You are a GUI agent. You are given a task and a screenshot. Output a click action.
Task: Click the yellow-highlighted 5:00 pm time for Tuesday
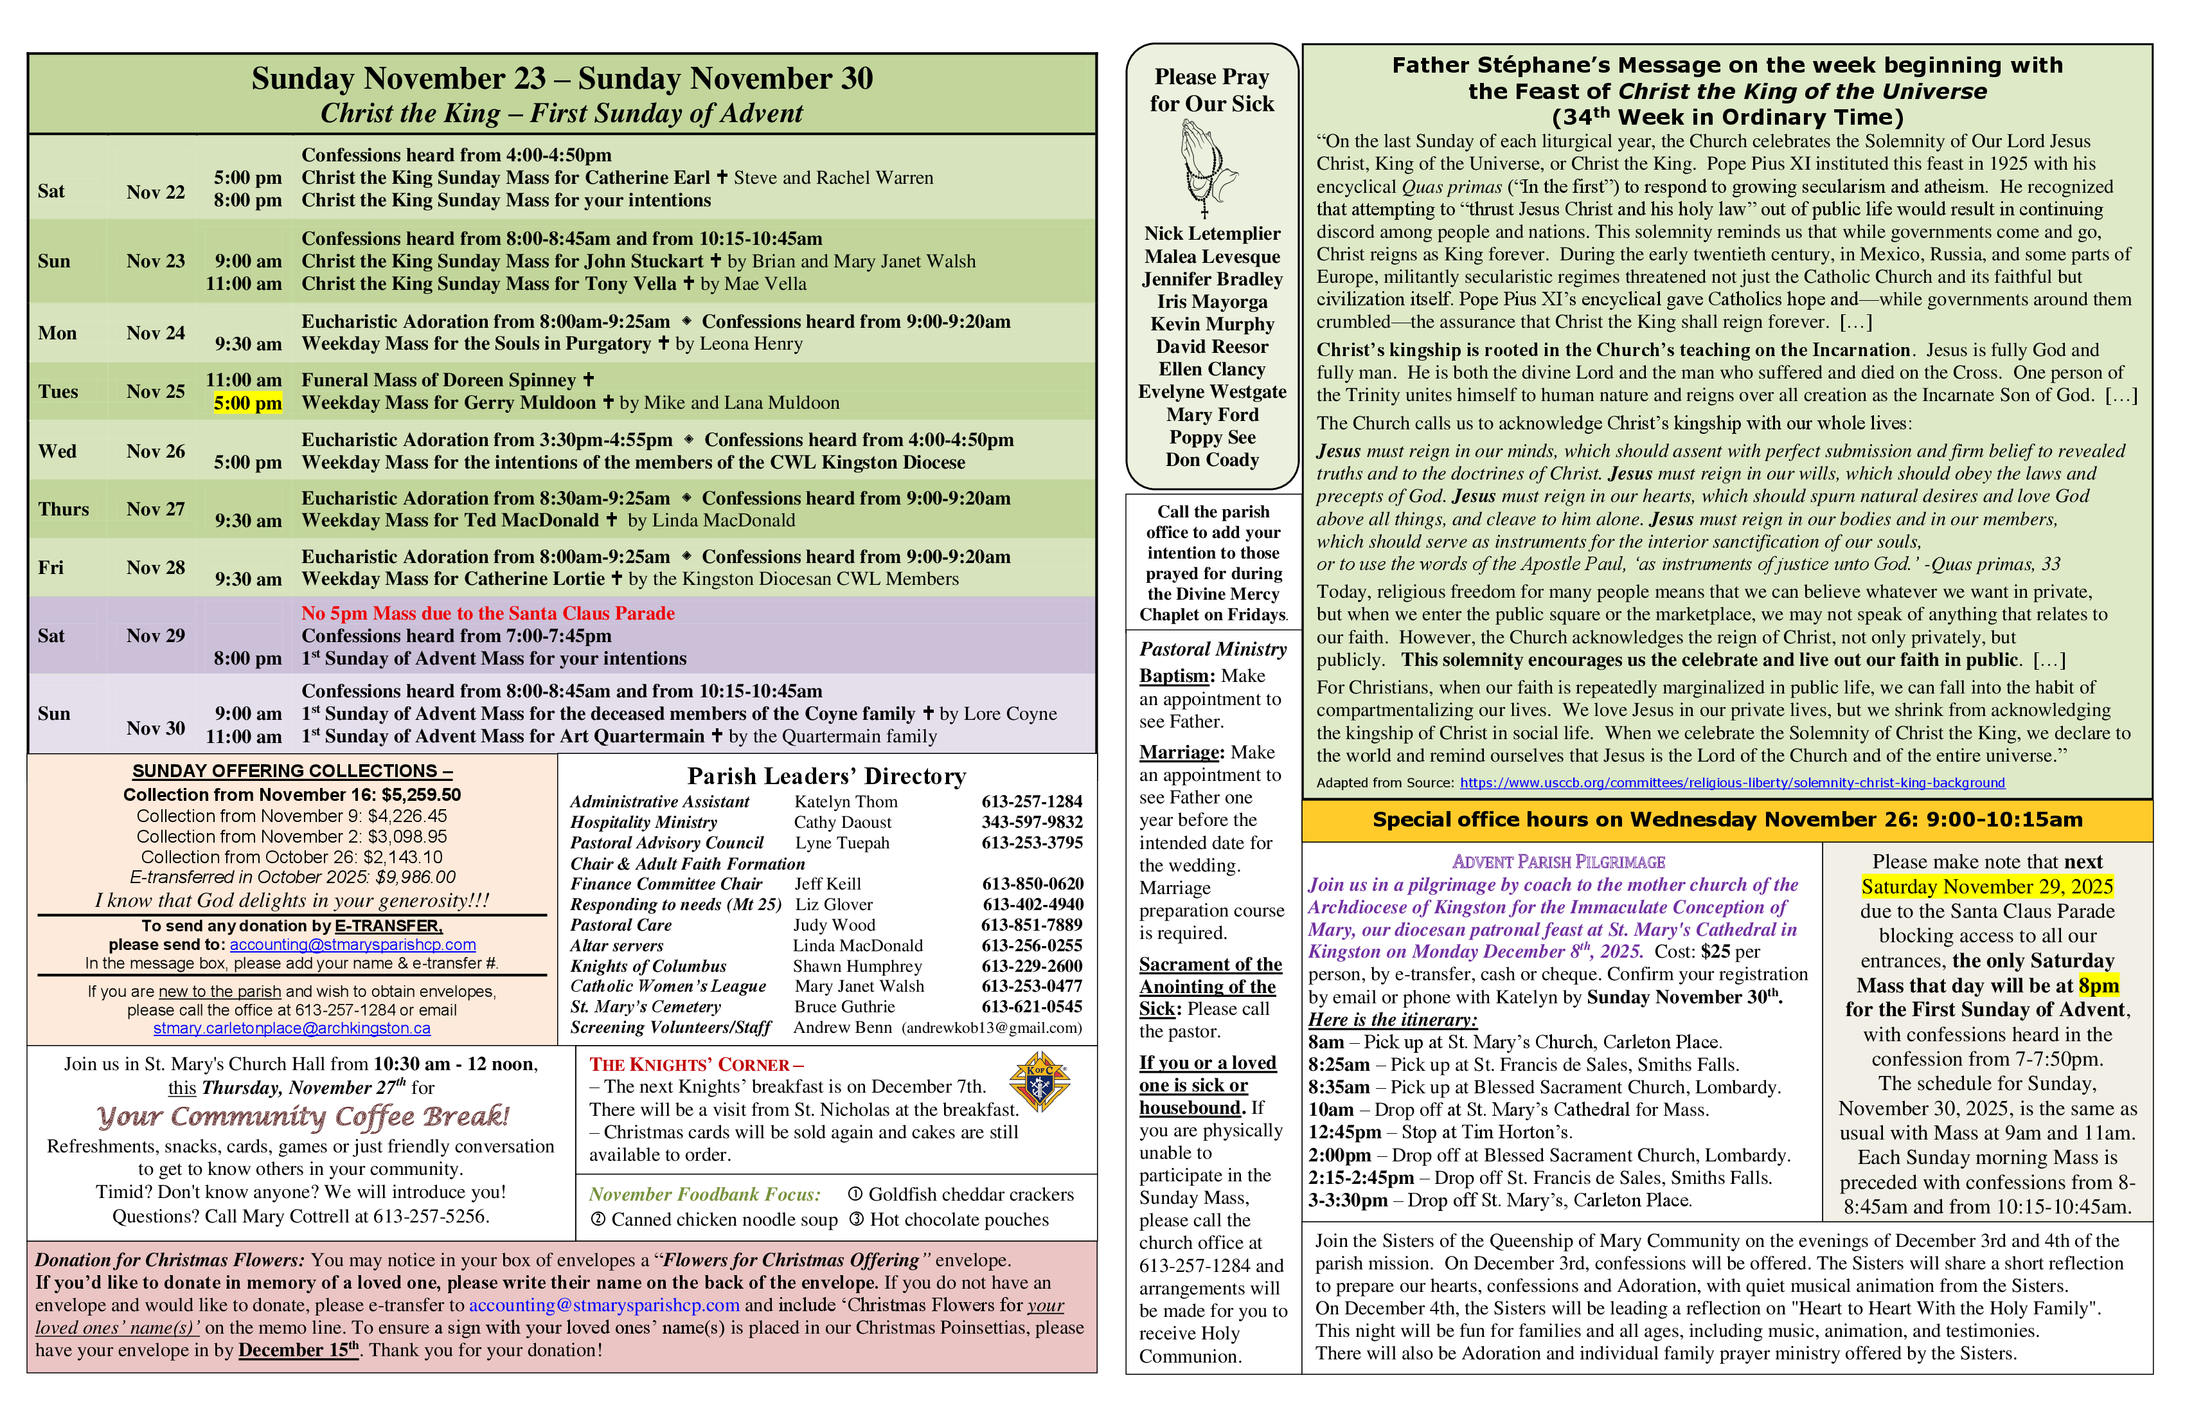[x=248, y=403]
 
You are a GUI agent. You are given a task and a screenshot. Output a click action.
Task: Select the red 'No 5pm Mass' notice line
[x=488, y=613]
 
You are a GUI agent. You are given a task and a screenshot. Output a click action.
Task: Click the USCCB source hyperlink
[x=1731, y=783]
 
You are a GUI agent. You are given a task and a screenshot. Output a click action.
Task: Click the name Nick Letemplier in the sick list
[x=1212, y=234]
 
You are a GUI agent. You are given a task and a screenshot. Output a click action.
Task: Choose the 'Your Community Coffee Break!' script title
[x=303, y=1116]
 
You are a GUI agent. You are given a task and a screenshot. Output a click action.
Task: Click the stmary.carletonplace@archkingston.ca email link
[x=291, y=1028]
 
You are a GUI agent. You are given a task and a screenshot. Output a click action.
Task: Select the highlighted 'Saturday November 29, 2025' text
[x=1986, y=887]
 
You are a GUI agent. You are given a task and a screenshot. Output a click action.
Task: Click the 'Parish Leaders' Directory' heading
[x=826, y=777]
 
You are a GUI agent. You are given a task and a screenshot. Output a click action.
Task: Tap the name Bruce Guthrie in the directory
[x=844, y=1007]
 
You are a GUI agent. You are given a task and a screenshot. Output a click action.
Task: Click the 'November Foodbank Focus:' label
[x=704, y=1195]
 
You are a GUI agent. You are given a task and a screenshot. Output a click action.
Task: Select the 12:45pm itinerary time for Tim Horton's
[x=1344, y=1132]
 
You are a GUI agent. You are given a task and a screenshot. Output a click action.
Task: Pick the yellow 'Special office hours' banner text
[x=1727, y=820]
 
